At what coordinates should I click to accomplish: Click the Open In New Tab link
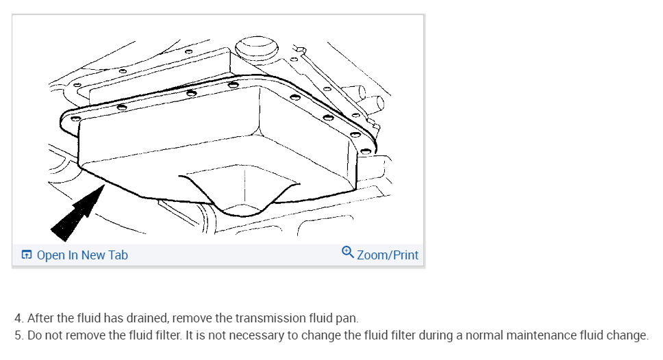tap(82, 255)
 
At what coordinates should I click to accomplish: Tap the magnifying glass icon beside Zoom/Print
tap(348, 253)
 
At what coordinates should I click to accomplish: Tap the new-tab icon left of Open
tap(27, 255)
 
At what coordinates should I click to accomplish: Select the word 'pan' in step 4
tap(348, 318)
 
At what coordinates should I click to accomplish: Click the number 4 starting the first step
tap(18, 318)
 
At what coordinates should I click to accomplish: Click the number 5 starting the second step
tap(18, 335)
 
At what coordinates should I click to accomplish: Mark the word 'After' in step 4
tap(40, 318)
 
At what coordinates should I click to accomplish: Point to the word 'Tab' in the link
tap(117, 255)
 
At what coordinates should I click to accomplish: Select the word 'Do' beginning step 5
tap(34, 335)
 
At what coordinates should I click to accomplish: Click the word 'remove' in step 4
tap(192, 318)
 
